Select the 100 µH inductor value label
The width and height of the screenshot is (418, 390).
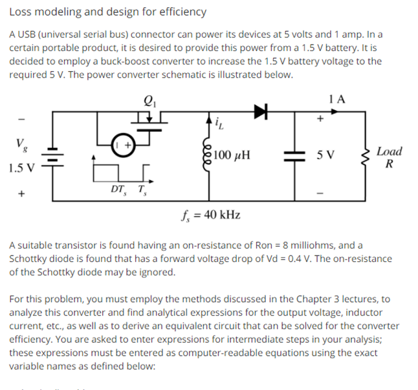pos(232,155)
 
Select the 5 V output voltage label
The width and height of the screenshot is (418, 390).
pos(325,155)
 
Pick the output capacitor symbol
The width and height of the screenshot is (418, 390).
pos(295,156)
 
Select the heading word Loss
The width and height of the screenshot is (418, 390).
pos(22,12)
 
